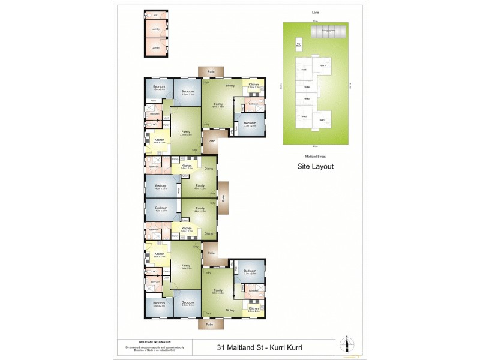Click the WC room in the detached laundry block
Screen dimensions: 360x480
pyautogui.click(x=155, y=15)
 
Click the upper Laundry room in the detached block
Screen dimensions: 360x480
pyautogui.click(x=155, y=29)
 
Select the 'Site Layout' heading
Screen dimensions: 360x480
pyautogui.click(x=316, y=167)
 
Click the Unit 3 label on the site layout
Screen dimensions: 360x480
pyautogui.click(x=306, y=99)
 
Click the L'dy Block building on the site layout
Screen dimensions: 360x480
pyautogui.click(x=298, y=44)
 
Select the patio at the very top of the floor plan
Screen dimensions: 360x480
pyautogui.click(x=211, y=71)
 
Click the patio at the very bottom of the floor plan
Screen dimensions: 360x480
pyautogui.click(x=209, y=325)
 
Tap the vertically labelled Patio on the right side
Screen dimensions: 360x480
pyautogui.click(x=223, y=197)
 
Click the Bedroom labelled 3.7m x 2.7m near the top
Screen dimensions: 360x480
pyautogui.click(x=249, y=125)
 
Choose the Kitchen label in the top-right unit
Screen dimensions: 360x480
pyautogui.click(x=254, y=86)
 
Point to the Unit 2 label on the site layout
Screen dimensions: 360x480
pyautogui.click(x=304, y=116)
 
